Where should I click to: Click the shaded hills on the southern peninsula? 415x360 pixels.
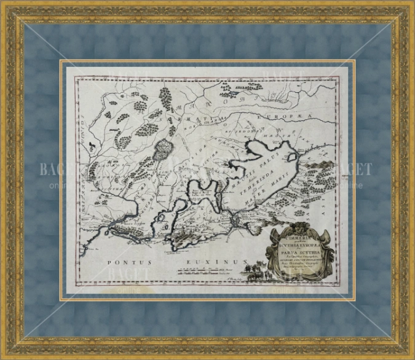[x=184, y=237]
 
